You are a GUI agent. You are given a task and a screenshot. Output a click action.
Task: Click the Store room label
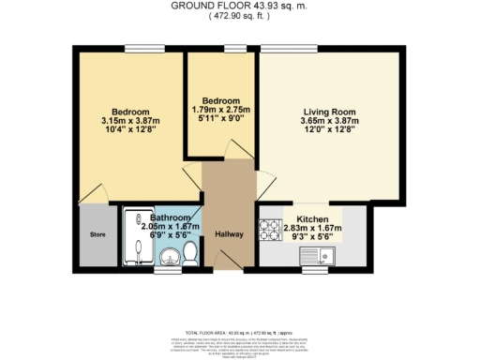(x=97, y=234)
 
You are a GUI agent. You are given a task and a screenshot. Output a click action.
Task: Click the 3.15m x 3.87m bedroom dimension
(x=125, y=120)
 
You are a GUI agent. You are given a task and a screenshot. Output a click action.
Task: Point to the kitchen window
(x=318, y=270)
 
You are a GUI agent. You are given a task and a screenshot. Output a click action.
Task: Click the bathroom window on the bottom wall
(x=168, y=270)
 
